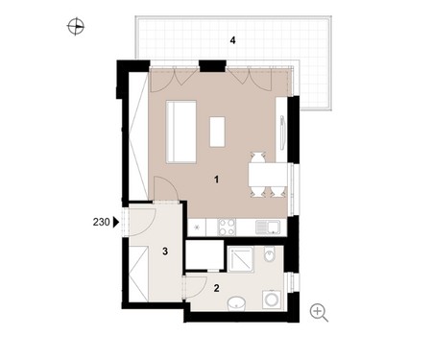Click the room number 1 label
[x=217, y=180]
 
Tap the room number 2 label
[x=217, y=288]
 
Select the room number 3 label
[x=165, y=252]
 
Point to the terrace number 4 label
[x=233, y=40]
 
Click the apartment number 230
[x=101, y=222]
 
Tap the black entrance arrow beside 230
[x=116, y=222]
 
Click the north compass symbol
[x=76, y=26]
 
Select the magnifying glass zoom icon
[x=319, y=313]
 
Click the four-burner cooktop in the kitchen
[x=227, y=227]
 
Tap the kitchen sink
[x=268, y=228]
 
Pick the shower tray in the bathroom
[x=240, y=259]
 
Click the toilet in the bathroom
[x=270, y=254]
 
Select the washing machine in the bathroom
[x=272, y=300]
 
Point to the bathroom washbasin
[x=236, y=303]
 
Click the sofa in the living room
[x=181, y=132]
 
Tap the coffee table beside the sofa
[x=217, y=132]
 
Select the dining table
[x=268, y=175]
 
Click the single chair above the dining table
[x=258, y=157]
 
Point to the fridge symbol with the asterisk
[x=197, y=228]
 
